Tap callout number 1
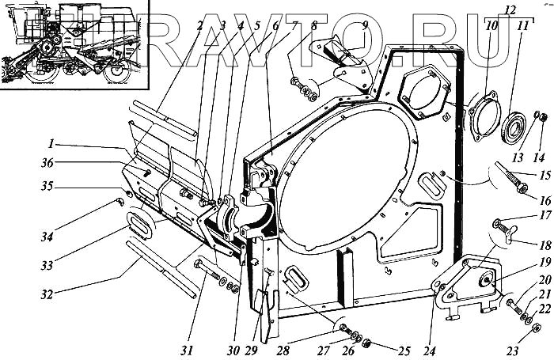pyautogui.click(x=51, y=145)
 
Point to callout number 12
pyautogui.click(x=510, y=9)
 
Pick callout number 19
pyautogui.click(x=523, y=262)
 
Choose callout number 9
pyautogui.click(x=364, y=25)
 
